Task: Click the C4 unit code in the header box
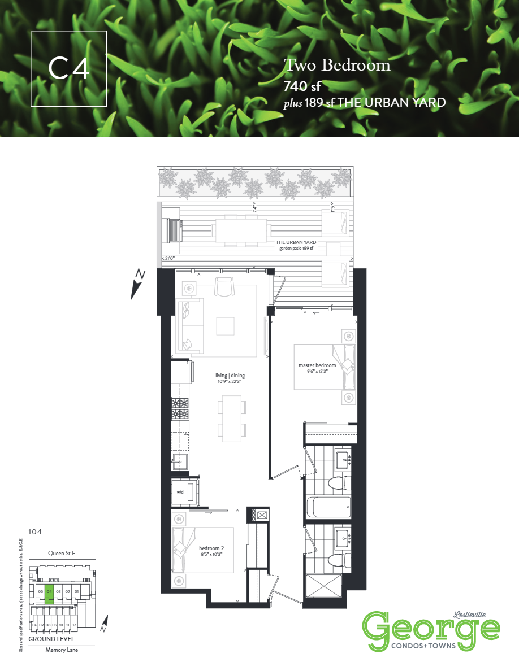(68, 68)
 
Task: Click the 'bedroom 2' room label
(211, 548)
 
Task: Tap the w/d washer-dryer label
(180, 492)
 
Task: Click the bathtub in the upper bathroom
(328, 507)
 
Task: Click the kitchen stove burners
(180, 408)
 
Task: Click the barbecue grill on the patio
(171, 230)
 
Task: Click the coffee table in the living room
(225, 326)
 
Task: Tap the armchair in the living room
(224, 287)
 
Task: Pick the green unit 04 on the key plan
(50, 591)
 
